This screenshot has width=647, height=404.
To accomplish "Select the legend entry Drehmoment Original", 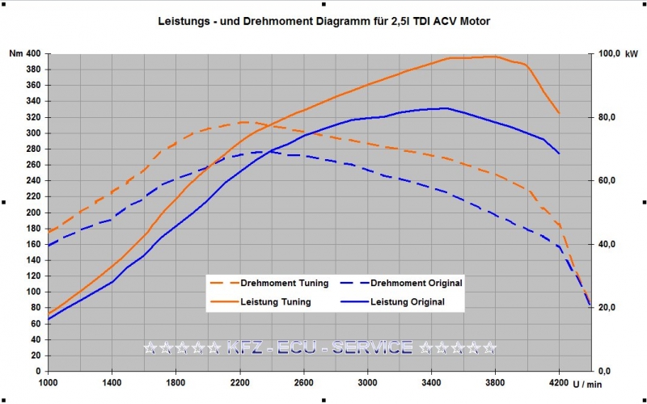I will pos(416,283).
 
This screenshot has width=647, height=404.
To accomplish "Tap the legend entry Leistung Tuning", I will pos(276,301).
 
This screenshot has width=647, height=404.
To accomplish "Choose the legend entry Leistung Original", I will pos(407,301).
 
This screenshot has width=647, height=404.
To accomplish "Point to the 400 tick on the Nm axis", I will pos(32,53).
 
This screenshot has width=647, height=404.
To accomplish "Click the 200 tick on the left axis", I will pos(32,212).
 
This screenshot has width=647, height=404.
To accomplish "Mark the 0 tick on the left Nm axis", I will pos(38,370).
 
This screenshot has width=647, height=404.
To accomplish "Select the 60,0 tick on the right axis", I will pos(607,180).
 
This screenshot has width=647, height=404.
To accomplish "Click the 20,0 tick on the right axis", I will pos(607,307).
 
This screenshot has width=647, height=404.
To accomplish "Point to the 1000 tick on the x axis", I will pos(49,381).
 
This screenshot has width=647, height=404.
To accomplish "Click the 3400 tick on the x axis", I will pos(432,381).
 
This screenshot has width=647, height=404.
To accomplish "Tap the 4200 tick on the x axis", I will pos(559,381).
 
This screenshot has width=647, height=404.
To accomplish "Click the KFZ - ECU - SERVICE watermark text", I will pos(320,347).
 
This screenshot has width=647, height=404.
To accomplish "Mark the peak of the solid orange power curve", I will pos(493,57).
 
